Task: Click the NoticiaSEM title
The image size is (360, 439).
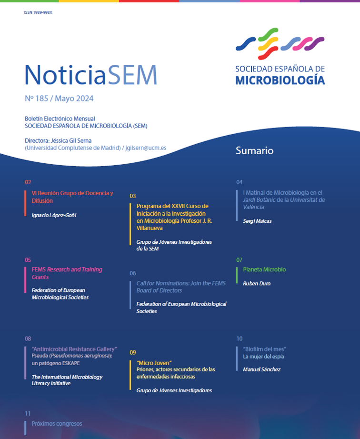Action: click(x=90, y=75)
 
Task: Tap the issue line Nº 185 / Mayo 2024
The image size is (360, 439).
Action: click(x=59, y=99)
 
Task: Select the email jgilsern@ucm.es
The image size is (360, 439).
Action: click(x=146, y=148)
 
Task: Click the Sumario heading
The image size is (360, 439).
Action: click(x=254, y=151)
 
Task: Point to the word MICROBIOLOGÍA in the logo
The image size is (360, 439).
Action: click(x=280, y=80)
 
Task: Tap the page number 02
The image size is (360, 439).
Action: click(x=28, y=182)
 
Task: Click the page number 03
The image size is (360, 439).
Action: click(x=133, y=196)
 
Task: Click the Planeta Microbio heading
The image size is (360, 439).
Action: click(x=264, y=269)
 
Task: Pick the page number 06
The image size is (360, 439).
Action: click(x=133, y=273)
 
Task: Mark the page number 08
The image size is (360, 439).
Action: click(x=28, y=339)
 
